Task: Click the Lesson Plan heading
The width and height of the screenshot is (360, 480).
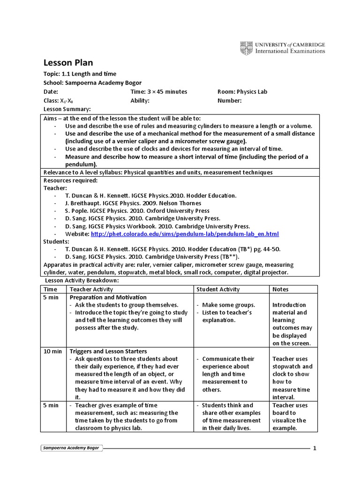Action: coord(68,63)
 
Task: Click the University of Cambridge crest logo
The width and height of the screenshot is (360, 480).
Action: coord(246,48)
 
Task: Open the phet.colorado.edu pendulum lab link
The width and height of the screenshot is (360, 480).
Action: coord(185,234)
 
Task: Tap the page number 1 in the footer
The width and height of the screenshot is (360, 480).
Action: coord(315,448)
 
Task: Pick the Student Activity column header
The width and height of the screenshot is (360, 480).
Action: coord(218,289)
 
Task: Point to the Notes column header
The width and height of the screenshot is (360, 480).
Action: coord(280,289)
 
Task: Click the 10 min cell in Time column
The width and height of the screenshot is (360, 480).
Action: coord(52,351)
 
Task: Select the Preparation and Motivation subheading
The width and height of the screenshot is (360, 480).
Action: coord(108,297)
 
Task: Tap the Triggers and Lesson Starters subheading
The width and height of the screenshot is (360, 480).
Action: coord(108,351)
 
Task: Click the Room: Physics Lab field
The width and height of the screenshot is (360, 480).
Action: coord(242,92)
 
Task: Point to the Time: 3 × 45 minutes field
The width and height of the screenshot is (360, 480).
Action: coord(158,92)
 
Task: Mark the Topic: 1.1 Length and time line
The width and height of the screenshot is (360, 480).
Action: coord(80,74)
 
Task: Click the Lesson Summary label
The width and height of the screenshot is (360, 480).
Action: coord(67,109)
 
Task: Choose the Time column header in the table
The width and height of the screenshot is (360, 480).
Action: coord(50,289)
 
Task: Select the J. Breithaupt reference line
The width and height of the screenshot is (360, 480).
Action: coord(133,203)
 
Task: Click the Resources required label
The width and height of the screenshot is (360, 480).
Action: coord(70,180)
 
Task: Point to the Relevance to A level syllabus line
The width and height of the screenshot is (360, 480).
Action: coord(158,172)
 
